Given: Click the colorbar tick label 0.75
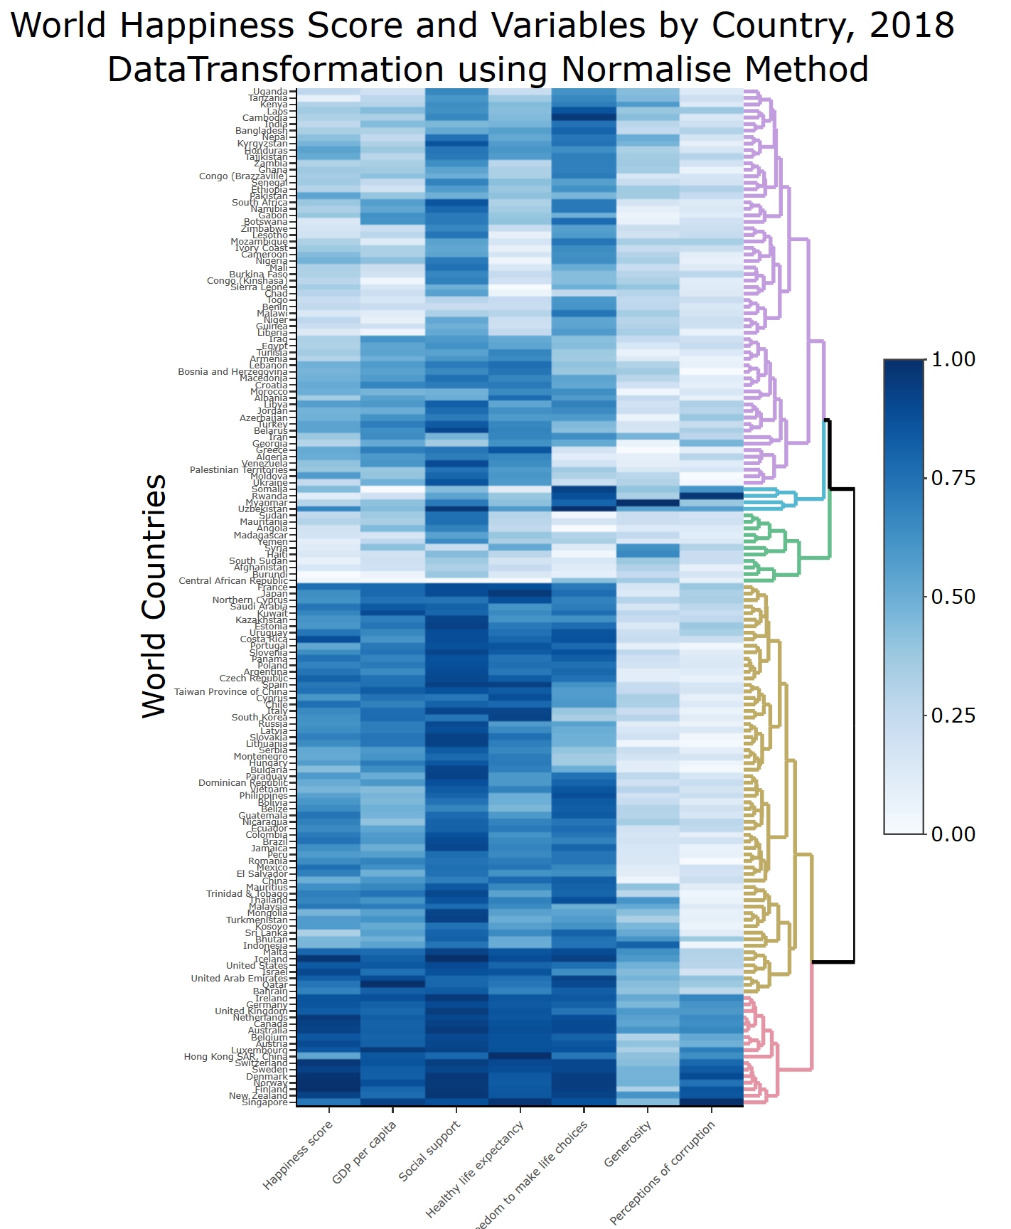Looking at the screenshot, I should coord(953,478).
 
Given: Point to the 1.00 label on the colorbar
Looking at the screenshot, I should coord(953,359).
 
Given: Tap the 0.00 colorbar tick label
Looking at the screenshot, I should coord(953,834).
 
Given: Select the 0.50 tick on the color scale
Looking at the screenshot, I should coord(953,597).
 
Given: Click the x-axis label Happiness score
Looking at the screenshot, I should coord(298,1155).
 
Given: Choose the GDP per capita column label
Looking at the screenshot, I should coord(364,1152).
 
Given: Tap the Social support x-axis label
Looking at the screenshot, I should coord(429,1151).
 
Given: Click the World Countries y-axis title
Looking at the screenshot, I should coord(154,596).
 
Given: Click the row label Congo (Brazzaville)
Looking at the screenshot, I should coord(243,176).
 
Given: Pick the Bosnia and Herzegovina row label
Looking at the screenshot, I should coord(232,372).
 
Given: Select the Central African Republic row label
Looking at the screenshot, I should coord(233,581).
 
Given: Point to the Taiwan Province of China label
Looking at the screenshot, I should coord(231,692).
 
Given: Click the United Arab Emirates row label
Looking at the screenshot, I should coord(239,979).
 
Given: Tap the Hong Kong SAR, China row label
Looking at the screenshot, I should coord(235,1057).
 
